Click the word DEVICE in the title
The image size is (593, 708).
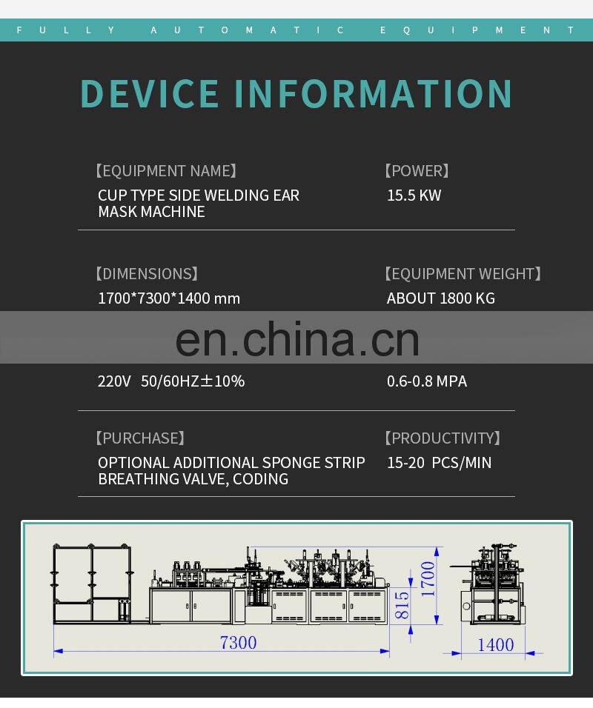point(150,93)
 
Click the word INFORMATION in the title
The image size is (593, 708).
point(374,93)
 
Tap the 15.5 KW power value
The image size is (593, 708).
point(414,196)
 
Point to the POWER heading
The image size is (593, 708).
point(417,171)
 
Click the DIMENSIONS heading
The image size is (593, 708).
point(147,274)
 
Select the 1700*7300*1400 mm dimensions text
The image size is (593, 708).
point(169,298)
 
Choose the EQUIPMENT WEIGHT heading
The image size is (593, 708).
point(463,274)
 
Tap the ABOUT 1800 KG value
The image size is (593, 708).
point(440,298)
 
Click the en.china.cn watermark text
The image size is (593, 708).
point(297,338)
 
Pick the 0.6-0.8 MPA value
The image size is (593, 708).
point(426,381)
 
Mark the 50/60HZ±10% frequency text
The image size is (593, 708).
point(193,381)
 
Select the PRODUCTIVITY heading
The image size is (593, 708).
point(443,438)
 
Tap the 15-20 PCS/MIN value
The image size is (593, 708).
point(439,463)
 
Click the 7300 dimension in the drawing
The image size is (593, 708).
point(238,642)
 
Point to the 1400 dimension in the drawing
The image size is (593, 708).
point(495,644)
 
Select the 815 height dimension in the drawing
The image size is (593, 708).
point(402,605)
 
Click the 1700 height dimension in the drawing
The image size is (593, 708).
point(428,579)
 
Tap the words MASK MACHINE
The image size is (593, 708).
point(151,212)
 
